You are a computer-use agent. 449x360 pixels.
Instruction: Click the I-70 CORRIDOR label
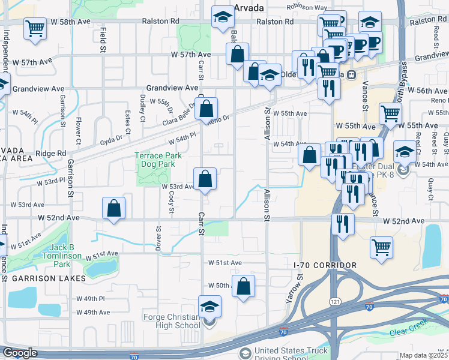pos(326,265)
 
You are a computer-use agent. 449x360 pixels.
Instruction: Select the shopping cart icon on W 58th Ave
pos(35,28)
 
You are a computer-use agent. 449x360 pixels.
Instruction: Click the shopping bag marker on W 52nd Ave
pos(114,209)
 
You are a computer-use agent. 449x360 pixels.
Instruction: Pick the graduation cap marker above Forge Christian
pos(210,307)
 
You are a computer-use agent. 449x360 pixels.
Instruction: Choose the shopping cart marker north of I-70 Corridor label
pos(382,248)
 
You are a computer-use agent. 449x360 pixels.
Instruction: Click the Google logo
pos(20,353)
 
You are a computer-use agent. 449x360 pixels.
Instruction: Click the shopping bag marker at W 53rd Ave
pos(205,179)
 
